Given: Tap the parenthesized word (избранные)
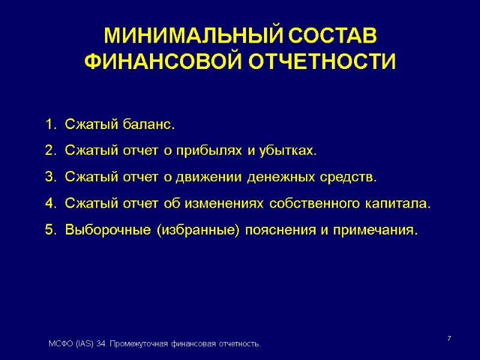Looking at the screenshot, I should click(197, 230).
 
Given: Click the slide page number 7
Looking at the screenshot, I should click(449, 340).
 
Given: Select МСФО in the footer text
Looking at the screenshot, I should click(60, 344).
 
